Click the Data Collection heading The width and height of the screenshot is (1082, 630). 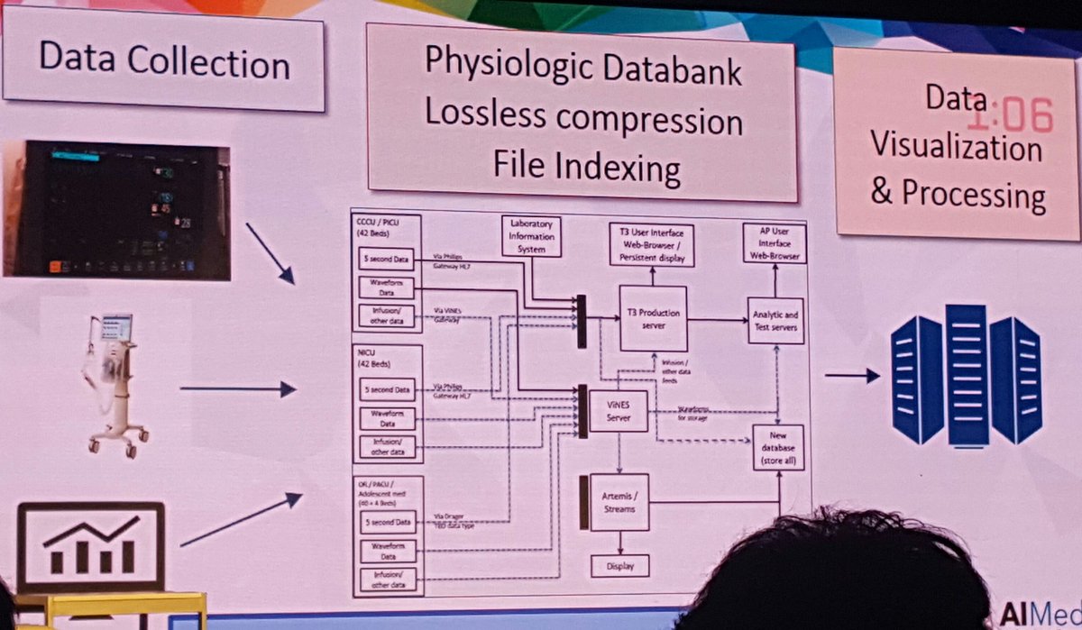point(163,62)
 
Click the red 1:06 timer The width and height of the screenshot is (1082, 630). point(1010,115)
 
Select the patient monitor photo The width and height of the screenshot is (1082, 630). point(116,208)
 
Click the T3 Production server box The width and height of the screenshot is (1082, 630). point(654,318)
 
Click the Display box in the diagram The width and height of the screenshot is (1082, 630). point(620,566)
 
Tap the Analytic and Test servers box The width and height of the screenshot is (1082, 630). point(775,320)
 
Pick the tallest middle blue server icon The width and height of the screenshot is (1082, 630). point(967,374)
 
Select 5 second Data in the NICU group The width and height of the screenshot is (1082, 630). point(387,390)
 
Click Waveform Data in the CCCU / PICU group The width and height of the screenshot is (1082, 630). point(386,288)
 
